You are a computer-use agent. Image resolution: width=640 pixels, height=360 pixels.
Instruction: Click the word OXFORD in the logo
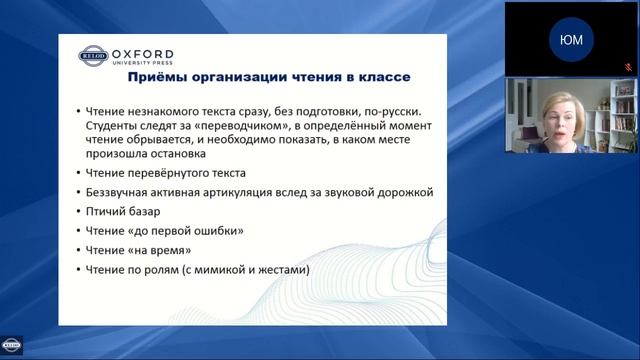click(x=142, y=53)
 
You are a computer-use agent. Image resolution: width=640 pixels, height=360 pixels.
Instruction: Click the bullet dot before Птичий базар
click(x=78, y=212)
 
